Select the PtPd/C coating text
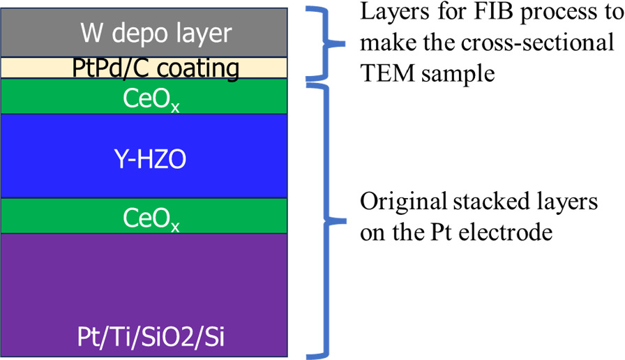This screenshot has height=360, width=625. pyautogui.click(x=156, y=68)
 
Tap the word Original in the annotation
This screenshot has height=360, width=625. pyautogui.click(x=400, y=202)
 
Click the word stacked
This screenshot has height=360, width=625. pyautogui.click(x=489, y=202)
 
